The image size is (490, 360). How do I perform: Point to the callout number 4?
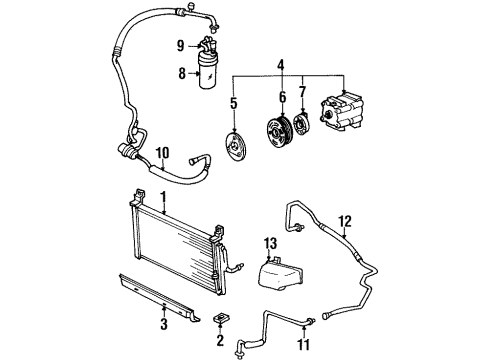coord(281,66)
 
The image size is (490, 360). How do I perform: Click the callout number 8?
coord(182,73)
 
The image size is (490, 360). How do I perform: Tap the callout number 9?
coord(182,45)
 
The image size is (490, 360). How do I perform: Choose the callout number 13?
coord(269,244)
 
